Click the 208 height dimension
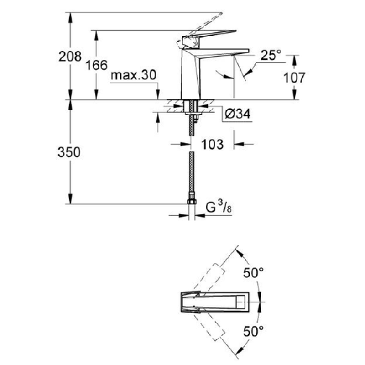point(70,56)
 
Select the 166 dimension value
point(97,65)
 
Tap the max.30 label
point(133,75)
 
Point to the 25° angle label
point(271,55)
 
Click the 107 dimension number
point(294,78)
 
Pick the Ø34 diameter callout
point(238,114)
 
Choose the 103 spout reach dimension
point(212,144)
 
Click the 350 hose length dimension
point(69,152)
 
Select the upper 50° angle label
point(253,273)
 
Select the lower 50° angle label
point(253,331)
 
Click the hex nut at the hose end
point(192,202)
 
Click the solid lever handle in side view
point(209,35)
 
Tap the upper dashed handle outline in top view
point(209,279)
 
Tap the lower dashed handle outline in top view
point(209,325)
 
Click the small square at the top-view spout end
point(241,302)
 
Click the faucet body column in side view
point(191,74)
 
